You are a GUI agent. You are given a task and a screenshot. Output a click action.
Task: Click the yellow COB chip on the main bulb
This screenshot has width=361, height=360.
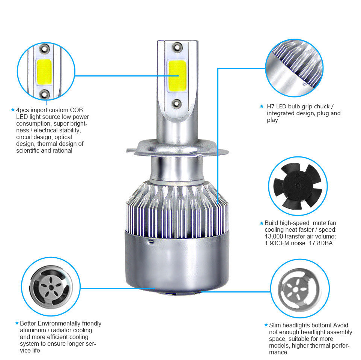(x=177, y=76)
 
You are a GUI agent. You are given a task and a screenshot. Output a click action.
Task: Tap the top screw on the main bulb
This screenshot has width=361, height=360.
(x=177, y=47)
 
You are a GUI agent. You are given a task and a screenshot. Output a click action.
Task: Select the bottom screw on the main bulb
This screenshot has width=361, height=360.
(x=177, y=103)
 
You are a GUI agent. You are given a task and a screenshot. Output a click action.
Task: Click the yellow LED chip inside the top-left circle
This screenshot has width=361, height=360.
(x=44, y=72)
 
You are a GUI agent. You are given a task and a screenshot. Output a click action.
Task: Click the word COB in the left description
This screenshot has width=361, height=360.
(x=76, y=110)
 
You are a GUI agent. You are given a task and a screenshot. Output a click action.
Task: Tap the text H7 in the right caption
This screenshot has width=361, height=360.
(x=271, y=106)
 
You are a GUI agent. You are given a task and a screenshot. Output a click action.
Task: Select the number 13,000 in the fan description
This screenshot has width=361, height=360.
(x=274, y=237)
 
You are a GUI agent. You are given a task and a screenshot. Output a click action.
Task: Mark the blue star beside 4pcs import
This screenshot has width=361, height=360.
(x=13, y=110)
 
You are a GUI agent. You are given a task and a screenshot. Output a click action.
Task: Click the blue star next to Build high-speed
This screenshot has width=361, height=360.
(x=262, y=223)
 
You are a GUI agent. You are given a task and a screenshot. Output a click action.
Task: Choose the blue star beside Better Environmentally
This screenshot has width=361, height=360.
(x=17, y=323)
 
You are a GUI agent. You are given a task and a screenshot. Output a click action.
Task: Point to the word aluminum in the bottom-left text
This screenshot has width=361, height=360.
(x=33, y=330)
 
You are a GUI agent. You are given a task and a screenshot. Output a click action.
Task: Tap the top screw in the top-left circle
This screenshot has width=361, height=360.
(x=44, y=48)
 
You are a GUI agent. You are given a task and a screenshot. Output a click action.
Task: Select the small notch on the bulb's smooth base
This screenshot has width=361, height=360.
(x=151, y=241)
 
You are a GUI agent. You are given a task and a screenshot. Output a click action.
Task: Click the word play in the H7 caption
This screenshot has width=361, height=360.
(x=272, y=120)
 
